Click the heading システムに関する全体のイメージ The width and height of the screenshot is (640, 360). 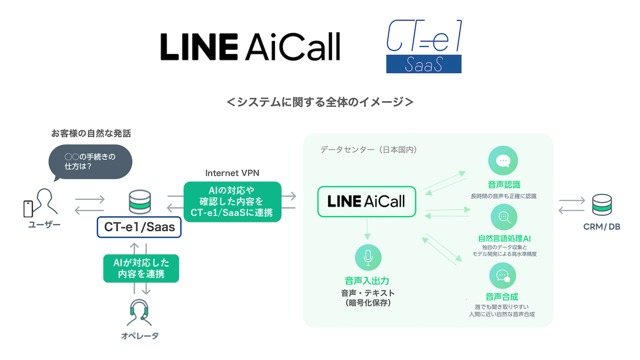320,102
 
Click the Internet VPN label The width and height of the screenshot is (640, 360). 232,173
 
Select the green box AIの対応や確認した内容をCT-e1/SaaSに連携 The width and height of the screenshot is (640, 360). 232,201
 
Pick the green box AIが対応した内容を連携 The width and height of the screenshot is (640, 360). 140,268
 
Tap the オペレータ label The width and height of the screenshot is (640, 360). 139,335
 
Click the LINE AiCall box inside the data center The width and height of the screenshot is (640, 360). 366,201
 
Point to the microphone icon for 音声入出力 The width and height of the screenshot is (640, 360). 368,257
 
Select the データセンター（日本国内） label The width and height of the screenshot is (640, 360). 368,149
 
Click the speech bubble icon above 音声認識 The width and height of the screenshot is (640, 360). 502,161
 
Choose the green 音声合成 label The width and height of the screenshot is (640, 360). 502,296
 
